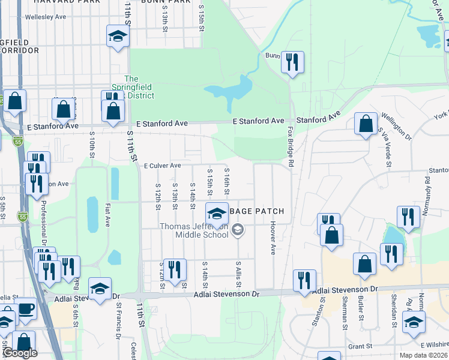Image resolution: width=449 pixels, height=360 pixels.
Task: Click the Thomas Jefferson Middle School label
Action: [x=193, y=230]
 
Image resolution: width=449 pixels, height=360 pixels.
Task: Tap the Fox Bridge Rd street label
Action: [x=290, y=146]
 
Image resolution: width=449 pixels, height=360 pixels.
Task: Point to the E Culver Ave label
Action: [x=162, y=166]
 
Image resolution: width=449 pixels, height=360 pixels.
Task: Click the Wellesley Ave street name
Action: [x=46, y=17]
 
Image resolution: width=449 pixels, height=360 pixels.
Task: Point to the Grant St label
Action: [x=360, y=346]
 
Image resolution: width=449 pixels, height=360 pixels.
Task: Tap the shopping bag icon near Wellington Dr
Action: [x=366, y=124]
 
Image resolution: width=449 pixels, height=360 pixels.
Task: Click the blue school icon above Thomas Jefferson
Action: [x=217, y=214]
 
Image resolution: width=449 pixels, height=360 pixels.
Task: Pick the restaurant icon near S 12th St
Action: [x=175, y=269]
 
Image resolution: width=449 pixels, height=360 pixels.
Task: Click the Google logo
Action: [x=20, y=353]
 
